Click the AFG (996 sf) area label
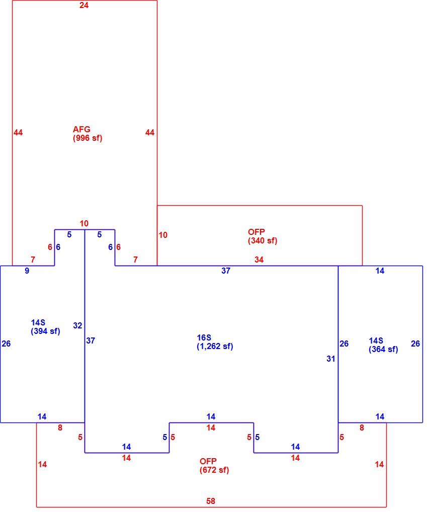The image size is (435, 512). point(88,134)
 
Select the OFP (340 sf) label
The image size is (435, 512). point(263,236)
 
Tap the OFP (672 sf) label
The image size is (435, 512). point(214,466)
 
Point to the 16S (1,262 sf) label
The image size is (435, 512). point(215,342)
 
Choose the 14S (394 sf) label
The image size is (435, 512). point(45,327)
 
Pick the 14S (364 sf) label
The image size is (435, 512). point(383,345)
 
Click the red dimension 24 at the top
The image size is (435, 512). point(84,5)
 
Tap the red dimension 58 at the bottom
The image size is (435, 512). point(211,501)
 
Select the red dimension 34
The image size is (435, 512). point(259,260)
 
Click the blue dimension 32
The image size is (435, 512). point(77,325)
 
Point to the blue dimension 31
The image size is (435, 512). point(331,359)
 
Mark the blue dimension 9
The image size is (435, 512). point(27,271)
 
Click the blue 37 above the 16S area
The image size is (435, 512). point(226,271)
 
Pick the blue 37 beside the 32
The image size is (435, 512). point(91,340)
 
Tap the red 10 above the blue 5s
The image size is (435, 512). point(84,224)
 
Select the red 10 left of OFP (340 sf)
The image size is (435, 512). point(163,235)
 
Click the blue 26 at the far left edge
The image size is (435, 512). point(6,344)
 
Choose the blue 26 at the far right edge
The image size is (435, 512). point(415,344)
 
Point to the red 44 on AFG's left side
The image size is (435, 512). point(18,132)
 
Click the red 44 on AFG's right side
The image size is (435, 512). point(149,132)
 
